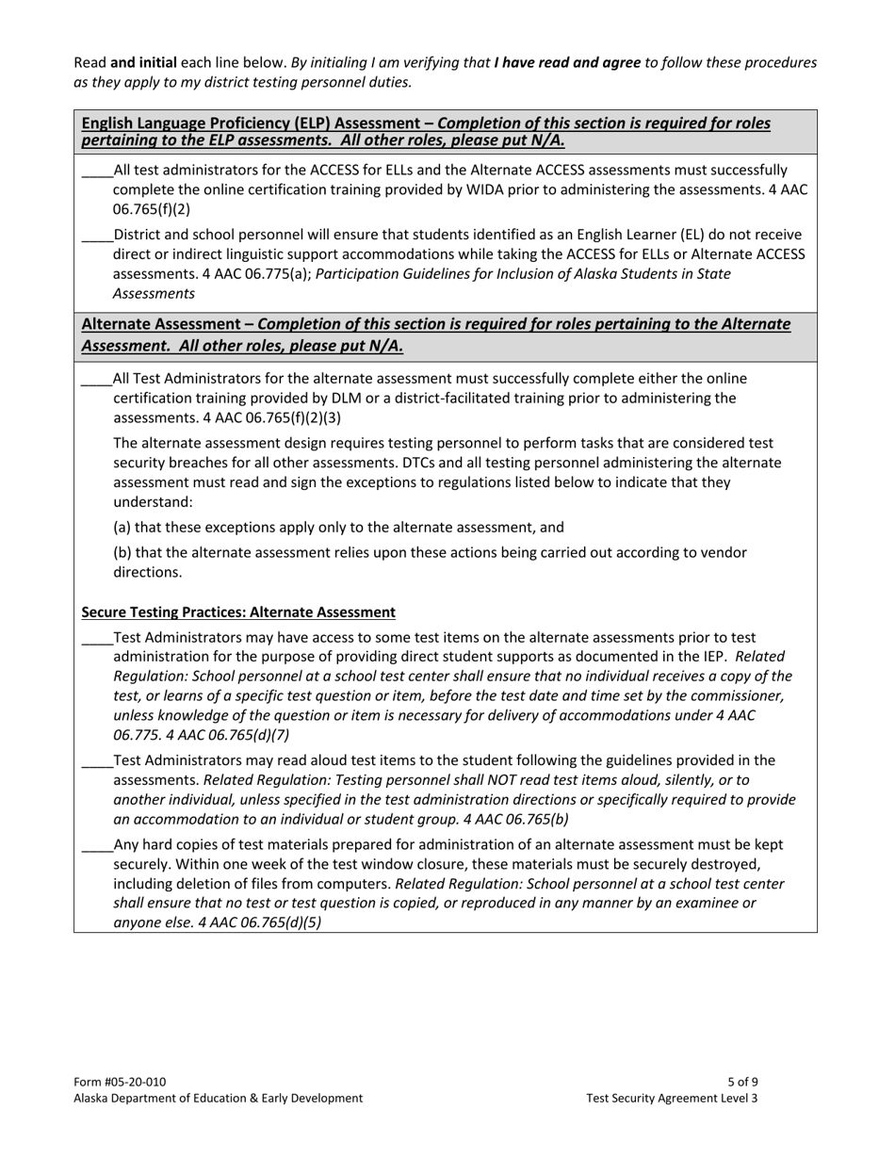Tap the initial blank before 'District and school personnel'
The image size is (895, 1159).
97,236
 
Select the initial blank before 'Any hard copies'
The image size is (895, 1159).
97,845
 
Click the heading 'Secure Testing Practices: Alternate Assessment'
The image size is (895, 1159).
238,612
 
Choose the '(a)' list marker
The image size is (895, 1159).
122,528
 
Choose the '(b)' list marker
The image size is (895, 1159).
122,552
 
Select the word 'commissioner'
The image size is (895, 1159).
740,695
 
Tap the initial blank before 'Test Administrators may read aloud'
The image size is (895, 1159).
97,760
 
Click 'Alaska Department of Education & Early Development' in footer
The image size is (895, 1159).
218,1098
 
